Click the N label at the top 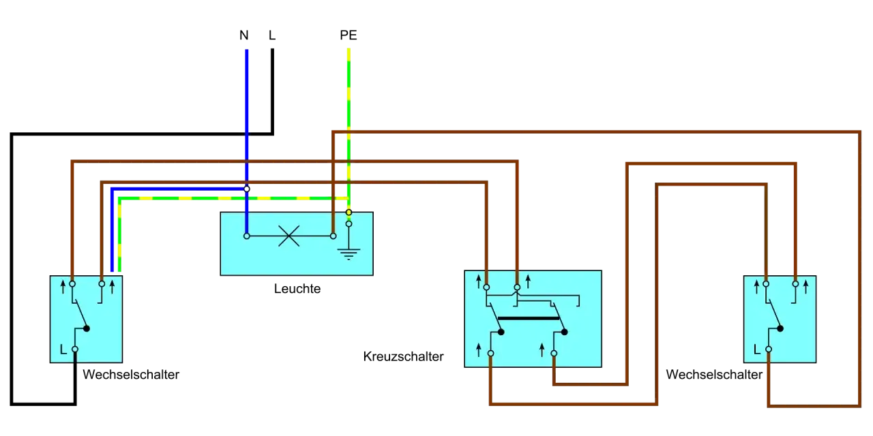tap(244, 35)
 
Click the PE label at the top tap(348, 35)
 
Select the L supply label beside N tap(272, 35)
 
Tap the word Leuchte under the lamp tap(297, 289)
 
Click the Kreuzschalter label tap(403, 356)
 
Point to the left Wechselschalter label tap(131, 375)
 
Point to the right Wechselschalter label tap(714, 375)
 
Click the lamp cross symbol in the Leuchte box tap(288, 236)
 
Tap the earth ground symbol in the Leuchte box tap(349, 254)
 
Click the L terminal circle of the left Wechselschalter tap(75, 349)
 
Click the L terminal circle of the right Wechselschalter tap(769, 349)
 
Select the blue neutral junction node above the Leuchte tap(247, 189)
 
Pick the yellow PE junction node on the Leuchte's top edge tap(349, 212)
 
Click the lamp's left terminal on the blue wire tap(247, 236)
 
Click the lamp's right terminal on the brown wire tap(334, 236)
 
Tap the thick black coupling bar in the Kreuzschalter tap(529, 318)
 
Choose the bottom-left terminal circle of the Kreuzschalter tap(490, 354)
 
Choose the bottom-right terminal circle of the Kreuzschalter tap(554, 354)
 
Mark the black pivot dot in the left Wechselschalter tap(87, 328)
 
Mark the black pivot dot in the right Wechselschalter tap(780, 328)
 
